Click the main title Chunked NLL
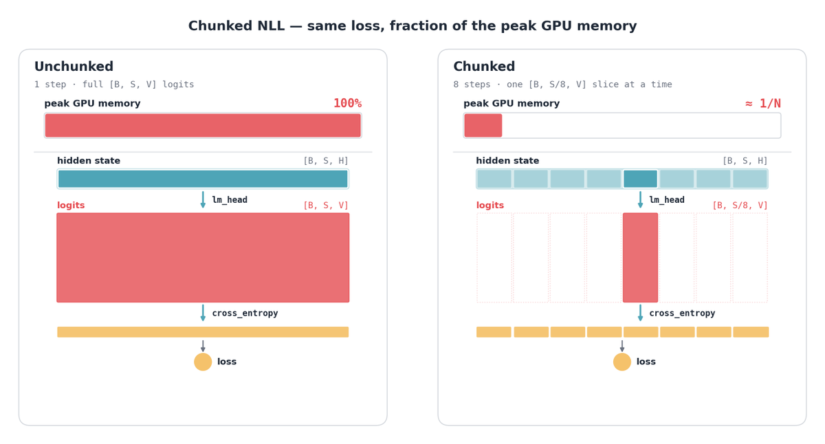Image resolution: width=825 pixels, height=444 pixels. point(412,25)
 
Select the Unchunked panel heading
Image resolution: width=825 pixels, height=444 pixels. point(74,66)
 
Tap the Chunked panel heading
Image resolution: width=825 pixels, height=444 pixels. point(484,66)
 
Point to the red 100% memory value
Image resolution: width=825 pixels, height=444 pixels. point(347,104)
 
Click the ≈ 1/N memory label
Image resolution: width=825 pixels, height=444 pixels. point(762,104)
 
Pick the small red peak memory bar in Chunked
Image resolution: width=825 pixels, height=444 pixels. point(483,126)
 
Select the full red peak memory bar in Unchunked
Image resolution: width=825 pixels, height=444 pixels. point(203,126)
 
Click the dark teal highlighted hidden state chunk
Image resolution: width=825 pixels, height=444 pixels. point(640,179)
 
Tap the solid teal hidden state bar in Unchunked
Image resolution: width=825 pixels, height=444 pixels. point(203,179)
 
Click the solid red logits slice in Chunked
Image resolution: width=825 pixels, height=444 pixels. point(640,258)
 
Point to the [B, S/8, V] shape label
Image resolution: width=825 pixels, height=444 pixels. point(740,206)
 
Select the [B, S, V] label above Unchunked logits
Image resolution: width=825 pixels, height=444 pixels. point(326,206)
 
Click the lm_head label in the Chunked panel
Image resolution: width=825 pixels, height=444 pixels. point(667,200)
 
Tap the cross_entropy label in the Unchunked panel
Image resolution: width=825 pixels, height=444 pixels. point(245,313)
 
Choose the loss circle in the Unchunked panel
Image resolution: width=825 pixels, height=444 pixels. point(203,362)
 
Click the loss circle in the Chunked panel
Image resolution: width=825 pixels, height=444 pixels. point(622,362)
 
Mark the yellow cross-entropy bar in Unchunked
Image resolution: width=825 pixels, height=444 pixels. point(203,332)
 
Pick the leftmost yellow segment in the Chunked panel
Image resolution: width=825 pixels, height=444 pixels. point(494,332)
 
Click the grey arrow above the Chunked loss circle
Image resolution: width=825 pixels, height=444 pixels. point(622,346)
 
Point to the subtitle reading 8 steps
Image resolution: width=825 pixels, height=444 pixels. point(562,85)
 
